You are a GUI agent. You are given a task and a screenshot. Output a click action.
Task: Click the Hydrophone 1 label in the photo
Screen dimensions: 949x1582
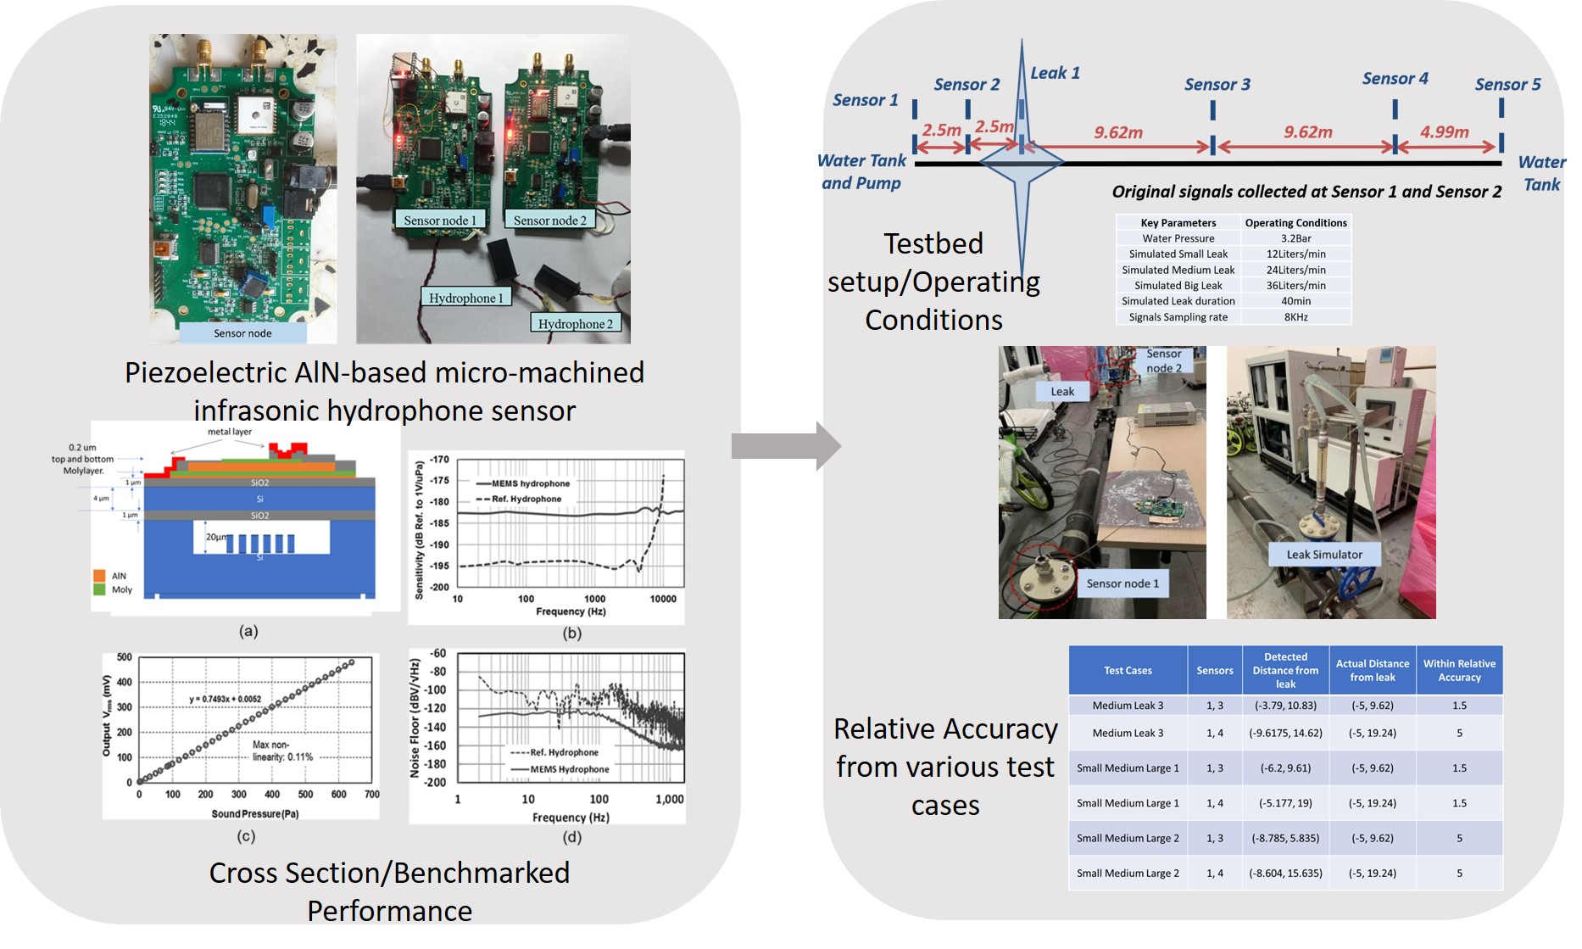(x=465, y=298)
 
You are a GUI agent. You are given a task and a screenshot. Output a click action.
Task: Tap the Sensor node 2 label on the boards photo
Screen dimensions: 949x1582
(x=549, y=221)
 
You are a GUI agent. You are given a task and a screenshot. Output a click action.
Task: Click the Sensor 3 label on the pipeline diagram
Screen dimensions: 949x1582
(x=1217, y=84)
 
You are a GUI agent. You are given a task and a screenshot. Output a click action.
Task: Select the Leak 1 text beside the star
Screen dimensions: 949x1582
(x=1055, y=73)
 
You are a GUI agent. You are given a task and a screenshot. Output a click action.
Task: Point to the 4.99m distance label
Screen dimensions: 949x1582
(x=1444, y=131)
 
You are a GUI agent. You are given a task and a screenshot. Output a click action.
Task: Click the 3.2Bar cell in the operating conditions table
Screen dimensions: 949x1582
(x=1295, y=238)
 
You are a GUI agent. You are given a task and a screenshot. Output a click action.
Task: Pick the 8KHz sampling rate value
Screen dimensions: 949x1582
(x=1295, y=317)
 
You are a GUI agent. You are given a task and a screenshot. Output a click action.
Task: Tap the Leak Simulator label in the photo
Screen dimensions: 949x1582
(x=1323, y=555)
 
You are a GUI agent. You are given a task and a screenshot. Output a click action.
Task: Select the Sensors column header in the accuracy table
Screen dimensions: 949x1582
(x=1214, y=670)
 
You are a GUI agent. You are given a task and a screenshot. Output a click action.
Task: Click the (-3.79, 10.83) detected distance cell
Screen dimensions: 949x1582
(x=1285, y=705)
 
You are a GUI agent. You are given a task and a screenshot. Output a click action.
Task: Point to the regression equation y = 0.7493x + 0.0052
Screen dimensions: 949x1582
(x=225, y=699)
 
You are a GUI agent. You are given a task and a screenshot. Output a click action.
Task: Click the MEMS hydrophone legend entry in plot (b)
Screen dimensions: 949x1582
(x=530, y=483)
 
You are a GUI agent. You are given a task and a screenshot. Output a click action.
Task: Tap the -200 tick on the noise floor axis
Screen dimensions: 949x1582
(x=435, y=782)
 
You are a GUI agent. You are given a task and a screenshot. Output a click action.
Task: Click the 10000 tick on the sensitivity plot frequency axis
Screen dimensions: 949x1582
(x=662, y=599)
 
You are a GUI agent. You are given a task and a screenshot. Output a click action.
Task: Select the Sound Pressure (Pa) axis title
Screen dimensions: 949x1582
(x=254, y=813)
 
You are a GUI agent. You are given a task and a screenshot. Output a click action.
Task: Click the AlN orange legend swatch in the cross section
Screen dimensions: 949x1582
(x=99, y=575)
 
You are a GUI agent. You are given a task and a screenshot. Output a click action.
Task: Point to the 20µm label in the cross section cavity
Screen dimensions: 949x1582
(x=216, y=537)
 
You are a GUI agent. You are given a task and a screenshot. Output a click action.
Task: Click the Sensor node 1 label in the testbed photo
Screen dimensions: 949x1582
(x=1122, y=583)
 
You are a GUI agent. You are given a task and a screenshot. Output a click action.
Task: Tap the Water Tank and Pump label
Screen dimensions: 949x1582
(x=861, y=171)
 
